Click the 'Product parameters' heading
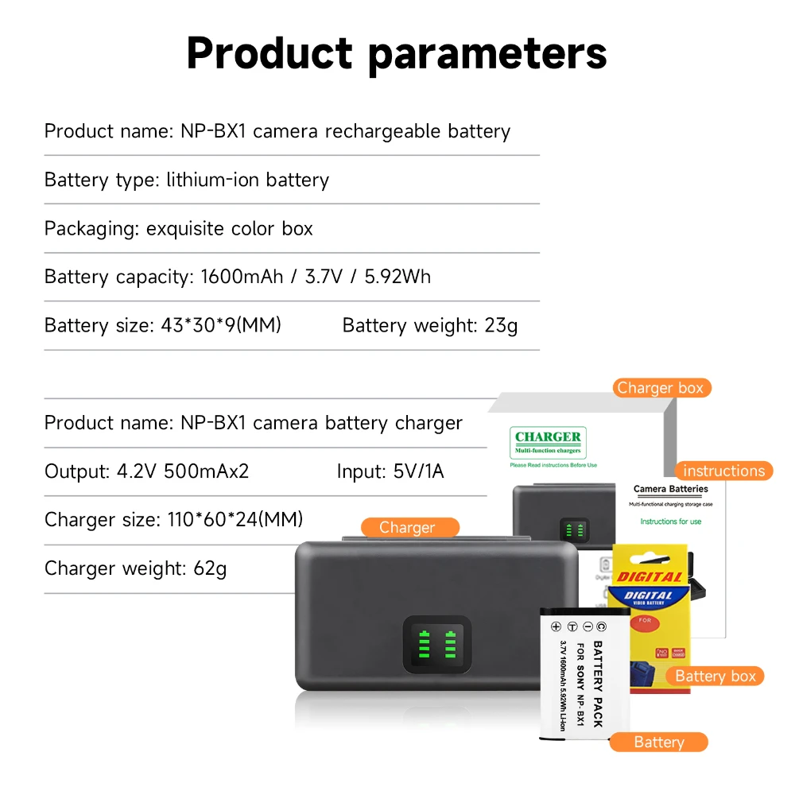397,54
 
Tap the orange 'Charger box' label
661,388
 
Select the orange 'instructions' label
723,471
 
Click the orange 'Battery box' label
715,676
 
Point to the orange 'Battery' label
658,742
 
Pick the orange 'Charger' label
407,527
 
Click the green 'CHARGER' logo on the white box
548,436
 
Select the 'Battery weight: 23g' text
430,325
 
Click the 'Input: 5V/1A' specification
390,471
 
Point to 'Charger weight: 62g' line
135,568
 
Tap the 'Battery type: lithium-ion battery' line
187,180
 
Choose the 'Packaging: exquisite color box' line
179,229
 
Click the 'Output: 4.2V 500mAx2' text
147,471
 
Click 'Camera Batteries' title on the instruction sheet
671,489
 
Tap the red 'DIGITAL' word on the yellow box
650,577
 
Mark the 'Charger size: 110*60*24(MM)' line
174,520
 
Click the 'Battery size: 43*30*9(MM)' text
163,325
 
